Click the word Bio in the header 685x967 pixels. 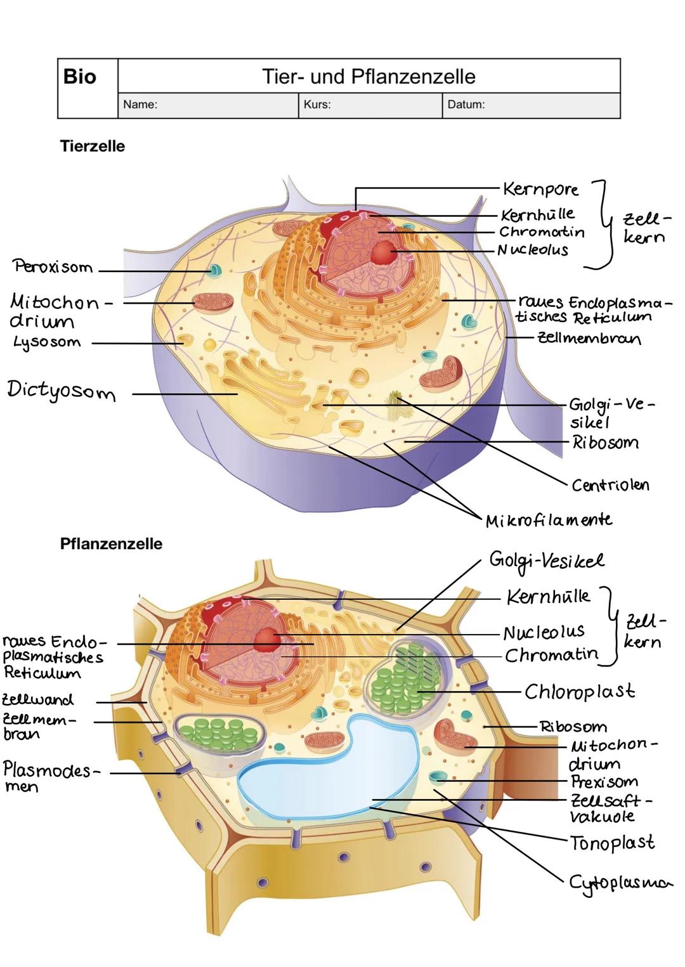coord(80,77)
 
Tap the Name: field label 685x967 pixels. coord(140,105)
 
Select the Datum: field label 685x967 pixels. coord(466,105)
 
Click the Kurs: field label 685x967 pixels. coord(317,105)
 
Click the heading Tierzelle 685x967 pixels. coord(93,146)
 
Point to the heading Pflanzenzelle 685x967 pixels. coord(111,544)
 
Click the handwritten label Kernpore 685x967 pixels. coord(540,189)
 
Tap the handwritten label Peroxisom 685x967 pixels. coord(53,267)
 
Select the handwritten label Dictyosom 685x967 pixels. coord(62,391)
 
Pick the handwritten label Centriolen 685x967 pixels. coord(610,486)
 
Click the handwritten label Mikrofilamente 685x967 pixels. coord(549,521)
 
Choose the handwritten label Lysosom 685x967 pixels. coord(47,343)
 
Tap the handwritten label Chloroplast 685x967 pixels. coord(580,692)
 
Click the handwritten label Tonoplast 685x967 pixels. coord(612,843)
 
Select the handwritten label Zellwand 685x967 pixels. coord(38,700)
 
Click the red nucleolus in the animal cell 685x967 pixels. coord(384,252)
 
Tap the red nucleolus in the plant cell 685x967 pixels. coord(267,640)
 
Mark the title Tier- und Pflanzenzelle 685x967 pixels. coord(369,77)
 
